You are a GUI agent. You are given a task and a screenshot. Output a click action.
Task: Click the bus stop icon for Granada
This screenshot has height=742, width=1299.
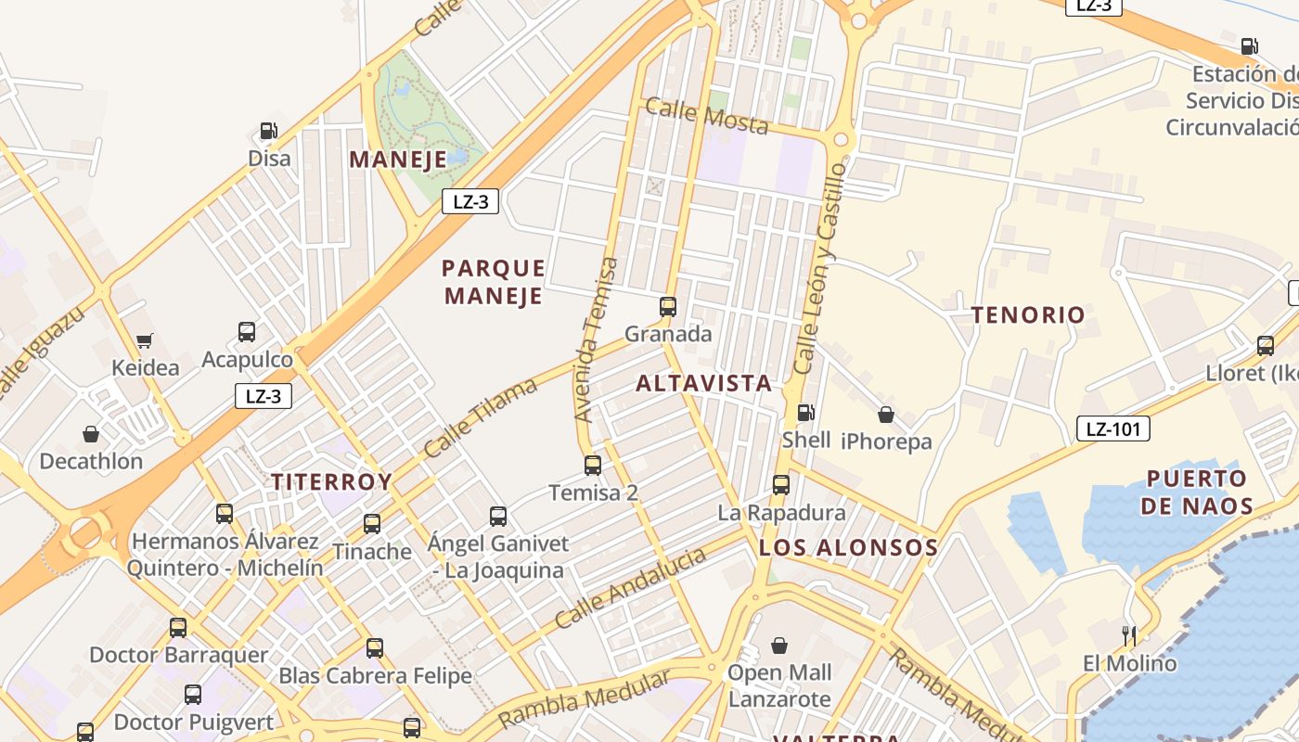click(667, 307)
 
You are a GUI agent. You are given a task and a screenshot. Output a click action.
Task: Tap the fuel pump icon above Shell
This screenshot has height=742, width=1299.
click(806, 413)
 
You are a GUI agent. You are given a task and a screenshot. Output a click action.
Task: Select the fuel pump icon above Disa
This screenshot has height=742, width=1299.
click(269, 132)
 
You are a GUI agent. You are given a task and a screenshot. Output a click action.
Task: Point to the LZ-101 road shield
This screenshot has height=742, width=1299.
click(1113, 429)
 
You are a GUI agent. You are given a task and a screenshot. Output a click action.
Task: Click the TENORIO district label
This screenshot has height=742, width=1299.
click(1028, 315)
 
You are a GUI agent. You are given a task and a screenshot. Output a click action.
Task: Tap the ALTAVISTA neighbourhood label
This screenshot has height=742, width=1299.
click(703, 383)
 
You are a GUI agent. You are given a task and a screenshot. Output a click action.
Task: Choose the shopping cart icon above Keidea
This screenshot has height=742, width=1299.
click(145, 341)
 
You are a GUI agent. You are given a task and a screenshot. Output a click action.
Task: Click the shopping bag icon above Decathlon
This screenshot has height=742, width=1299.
click(91, 434)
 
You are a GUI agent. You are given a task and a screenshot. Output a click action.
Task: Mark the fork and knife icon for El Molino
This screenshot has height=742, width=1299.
click(1129, 636)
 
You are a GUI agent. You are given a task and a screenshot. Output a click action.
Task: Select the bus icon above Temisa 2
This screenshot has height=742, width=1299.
click(593, 465)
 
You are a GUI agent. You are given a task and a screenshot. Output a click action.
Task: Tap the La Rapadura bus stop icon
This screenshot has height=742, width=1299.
click(781, 484)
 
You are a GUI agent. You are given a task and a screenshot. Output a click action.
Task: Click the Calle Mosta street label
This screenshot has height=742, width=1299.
click(707, 116)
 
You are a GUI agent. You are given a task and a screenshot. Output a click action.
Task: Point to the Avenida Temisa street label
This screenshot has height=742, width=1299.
click(596, 340)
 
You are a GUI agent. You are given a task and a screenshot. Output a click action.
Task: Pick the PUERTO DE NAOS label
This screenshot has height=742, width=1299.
click(1196, 493)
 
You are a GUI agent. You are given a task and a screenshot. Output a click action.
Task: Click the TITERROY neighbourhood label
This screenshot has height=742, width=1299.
click(331, 482)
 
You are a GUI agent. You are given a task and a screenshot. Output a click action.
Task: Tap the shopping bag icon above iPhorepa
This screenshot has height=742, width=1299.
click(886, 415)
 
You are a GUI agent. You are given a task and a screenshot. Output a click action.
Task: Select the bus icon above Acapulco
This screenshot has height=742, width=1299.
click(247, 332)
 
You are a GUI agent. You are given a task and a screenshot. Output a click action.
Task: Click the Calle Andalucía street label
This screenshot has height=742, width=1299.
click(630, 588)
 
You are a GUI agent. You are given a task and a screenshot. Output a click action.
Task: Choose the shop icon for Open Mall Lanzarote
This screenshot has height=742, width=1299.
click(779, 646)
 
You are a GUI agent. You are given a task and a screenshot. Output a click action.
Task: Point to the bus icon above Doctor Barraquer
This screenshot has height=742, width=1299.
click(178, 628)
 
